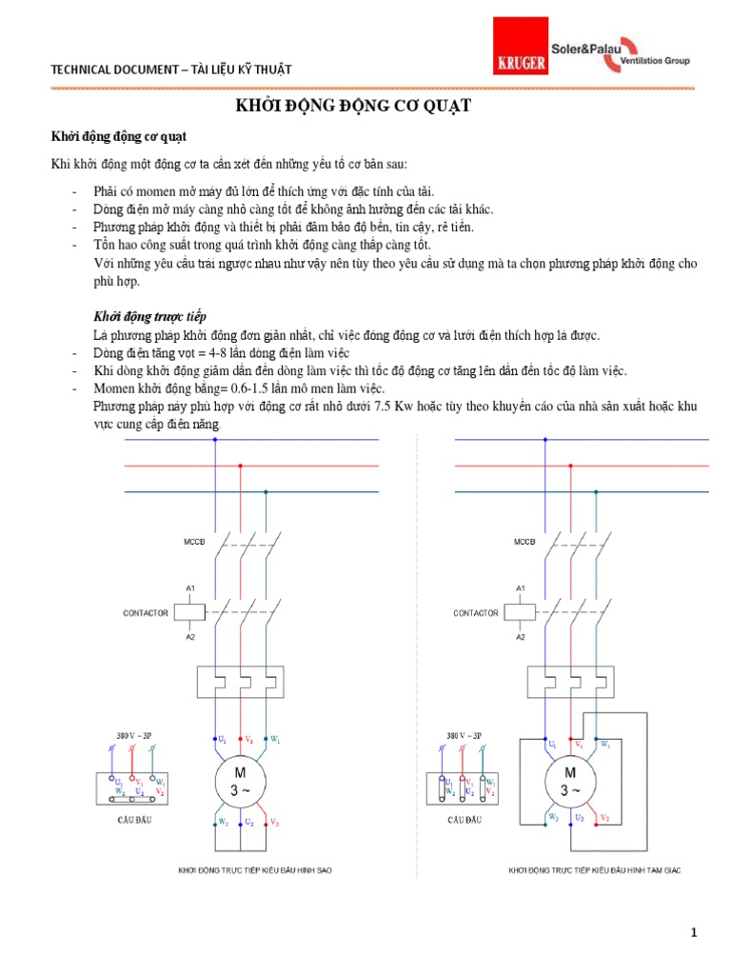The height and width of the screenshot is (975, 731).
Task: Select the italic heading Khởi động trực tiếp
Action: (150, 316)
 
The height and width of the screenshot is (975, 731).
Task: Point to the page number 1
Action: (695, 933)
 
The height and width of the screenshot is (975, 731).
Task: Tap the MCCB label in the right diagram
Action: (524, 542)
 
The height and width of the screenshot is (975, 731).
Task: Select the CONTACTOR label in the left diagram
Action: (146, 613)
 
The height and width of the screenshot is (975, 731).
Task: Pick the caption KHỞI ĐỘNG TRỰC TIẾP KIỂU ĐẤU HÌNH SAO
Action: (255, 870)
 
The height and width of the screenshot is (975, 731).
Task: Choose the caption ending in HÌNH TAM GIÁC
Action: (595, 870)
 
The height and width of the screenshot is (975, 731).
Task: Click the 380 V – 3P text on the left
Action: (130, 736)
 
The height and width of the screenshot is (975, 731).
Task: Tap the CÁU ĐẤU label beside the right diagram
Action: (464, 819)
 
